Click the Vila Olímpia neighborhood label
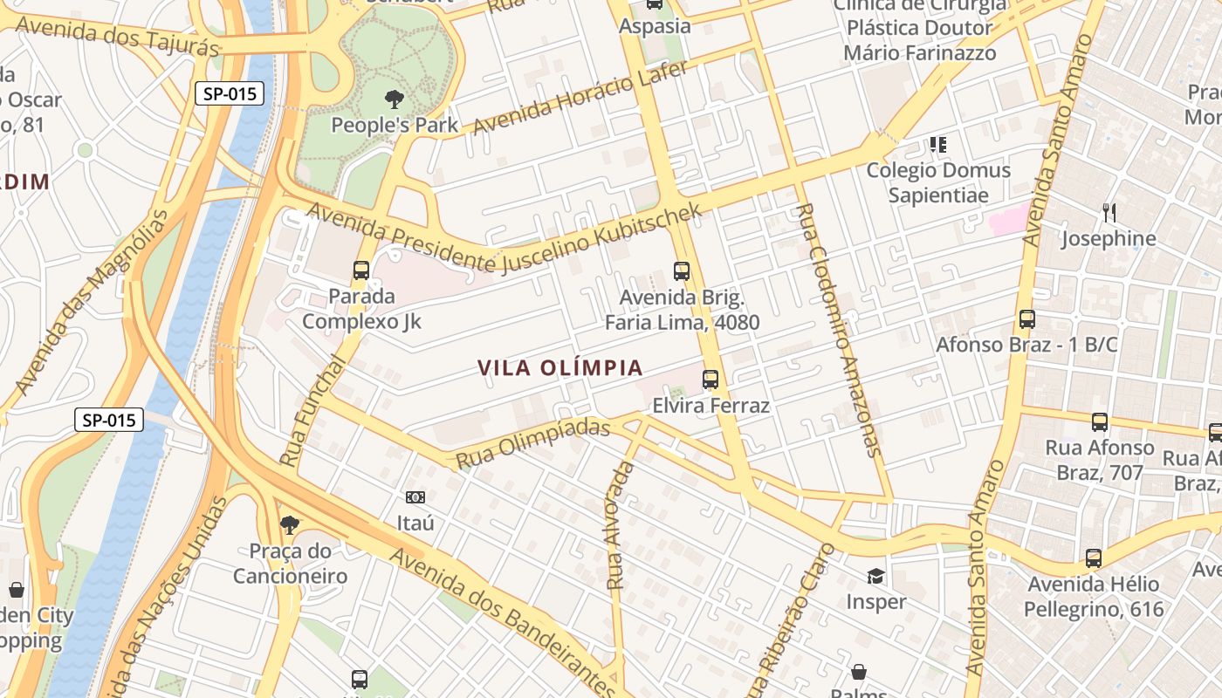(x=560, y=368)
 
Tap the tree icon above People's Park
(x=395, y=99)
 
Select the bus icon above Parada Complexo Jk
(x=361, y=270)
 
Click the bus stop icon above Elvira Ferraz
(x=711, y=380)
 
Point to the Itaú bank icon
(x=415, y=497)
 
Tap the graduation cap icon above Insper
(x=875, y=576)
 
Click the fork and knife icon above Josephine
(x=1109, y=212)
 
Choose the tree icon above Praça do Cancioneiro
(x=289, y=525)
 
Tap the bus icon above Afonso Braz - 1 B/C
(x=1026, y=319)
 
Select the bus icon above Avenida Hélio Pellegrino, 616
(x=1093, y=558)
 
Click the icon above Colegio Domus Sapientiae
(x=938, y=144)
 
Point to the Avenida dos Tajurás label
(x=118, y=35)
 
